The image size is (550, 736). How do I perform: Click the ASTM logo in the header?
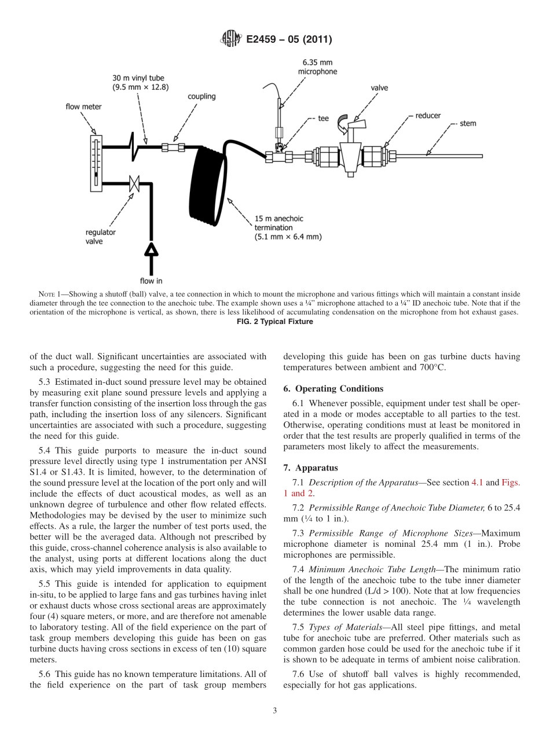(x=232, y=40)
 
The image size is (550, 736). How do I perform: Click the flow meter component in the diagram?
(x=96, y=162)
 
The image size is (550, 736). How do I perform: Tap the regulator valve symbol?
(x=134, y=184)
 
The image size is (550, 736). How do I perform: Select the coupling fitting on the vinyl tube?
(x=173, y=148)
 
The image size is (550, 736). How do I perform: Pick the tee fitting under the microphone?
(x=278, y=155)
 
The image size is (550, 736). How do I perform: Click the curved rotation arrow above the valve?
(x=343, y=120)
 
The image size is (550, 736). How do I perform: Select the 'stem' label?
(x=468, y=123)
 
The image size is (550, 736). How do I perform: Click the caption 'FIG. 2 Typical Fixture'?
(x=275, y=322)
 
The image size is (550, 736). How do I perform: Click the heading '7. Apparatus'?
(x=309, y=467)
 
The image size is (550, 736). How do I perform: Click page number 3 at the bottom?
(x=275, y=711)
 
